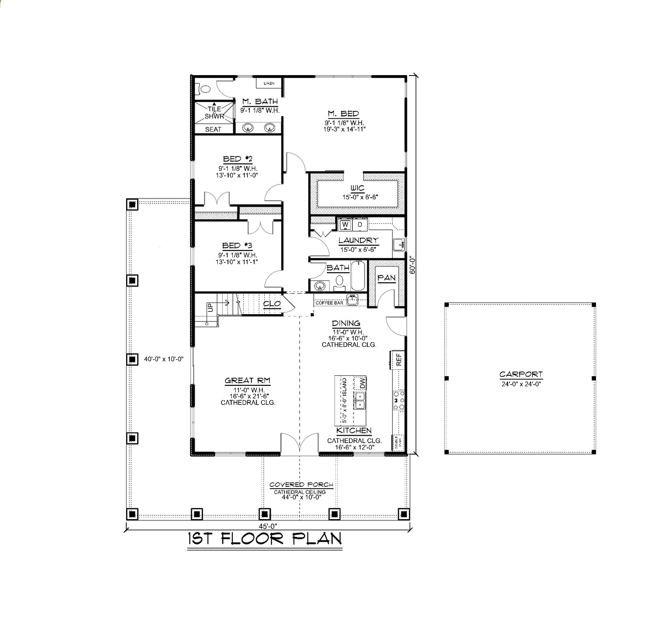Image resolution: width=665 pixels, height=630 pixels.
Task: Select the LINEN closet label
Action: click(x=269, y=83)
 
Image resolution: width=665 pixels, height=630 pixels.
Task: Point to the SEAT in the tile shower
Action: click(x=213, y=129)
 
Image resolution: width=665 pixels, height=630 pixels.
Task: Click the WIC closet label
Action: click(x=357, y=188)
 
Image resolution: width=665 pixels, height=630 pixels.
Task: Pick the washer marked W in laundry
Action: click(x=345, y=224)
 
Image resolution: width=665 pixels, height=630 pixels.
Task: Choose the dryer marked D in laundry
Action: click(x=360, y=224)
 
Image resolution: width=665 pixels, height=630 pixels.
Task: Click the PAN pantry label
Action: click(x=387, y=278)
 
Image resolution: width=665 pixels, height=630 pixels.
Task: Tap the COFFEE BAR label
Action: click(x=329, y=303)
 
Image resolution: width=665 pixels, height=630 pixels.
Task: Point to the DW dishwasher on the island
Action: click(x=362, y=382)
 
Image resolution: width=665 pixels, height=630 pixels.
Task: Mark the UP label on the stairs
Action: click(x=210, y=307)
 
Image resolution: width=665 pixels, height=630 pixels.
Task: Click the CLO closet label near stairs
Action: click(x=272, y=304)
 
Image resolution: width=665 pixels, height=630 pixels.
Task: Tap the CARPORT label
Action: click(x=521, y=374)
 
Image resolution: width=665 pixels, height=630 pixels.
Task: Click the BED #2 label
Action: click(x=237, y=159)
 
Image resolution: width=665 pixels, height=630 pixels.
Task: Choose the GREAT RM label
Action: click(x=248, y=380)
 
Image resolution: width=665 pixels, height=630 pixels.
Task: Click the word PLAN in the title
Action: click(x=317, y=539)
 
